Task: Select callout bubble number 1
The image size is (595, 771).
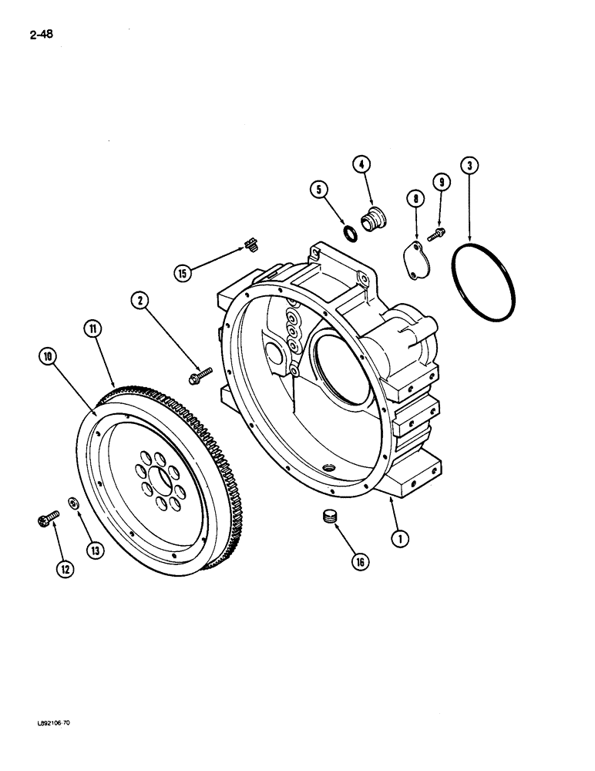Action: (398, 539)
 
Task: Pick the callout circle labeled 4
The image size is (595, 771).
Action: (362, 163)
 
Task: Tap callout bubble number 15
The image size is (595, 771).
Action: (183, 272)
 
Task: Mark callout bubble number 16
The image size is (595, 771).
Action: (358, 562)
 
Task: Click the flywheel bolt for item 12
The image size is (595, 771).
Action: (45, 522)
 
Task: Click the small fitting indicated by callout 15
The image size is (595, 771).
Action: (249, 245)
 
